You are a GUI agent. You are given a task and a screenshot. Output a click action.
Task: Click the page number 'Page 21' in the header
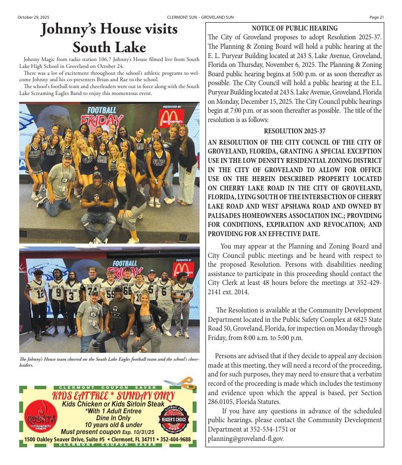[376, 17]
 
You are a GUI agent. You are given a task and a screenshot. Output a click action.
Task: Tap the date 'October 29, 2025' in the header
[32, 17]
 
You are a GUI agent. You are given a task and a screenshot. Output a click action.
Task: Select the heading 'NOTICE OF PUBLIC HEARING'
[295, 29]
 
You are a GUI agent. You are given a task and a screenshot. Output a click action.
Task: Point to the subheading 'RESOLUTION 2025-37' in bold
[294, 131]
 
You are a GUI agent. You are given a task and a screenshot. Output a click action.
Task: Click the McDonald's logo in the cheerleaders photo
[171, 118]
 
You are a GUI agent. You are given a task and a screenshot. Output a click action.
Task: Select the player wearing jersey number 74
[92, 290]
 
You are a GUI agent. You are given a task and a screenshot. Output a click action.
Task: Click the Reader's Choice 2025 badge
[173, 418]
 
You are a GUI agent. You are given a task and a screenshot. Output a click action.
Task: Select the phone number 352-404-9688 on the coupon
[173, 439]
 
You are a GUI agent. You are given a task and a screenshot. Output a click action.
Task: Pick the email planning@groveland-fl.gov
[245, 438]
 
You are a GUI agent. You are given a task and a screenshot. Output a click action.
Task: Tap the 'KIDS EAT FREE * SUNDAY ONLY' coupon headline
[113, 396]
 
